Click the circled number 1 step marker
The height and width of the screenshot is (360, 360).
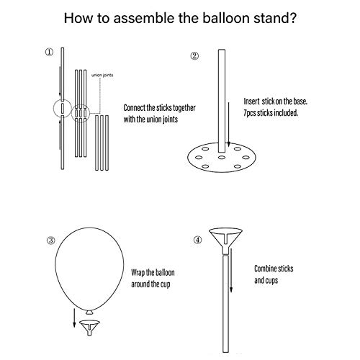pos(50,52)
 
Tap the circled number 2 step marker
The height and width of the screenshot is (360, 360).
pos(194,56)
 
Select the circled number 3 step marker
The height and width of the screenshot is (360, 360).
pos(50,240)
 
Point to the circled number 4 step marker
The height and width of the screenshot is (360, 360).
pos(198,240)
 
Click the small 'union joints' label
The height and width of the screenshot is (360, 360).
pos(102,75)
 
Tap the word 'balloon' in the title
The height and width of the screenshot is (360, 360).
pos(226,18)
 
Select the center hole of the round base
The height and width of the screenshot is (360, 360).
pos(222,158)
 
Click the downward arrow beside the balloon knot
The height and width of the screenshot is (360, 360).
pos(74,318)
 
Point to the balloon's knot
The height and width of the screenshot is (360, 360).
pos(89,312)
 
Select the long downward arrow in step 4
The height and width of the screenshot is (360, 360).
pos(231,271)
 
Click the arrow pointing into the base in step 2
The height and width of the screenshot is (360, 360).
pos(229,125)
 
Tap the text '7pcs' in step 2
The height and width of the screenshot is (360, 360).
pos(250,113)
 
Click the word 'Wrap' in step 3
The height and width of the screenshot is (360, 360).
pos(138,273)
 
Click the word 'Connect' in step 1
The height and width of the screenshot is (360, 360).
pos(135,108)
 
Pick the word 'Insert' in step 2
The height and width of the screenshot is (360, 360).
pos(251,102)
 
